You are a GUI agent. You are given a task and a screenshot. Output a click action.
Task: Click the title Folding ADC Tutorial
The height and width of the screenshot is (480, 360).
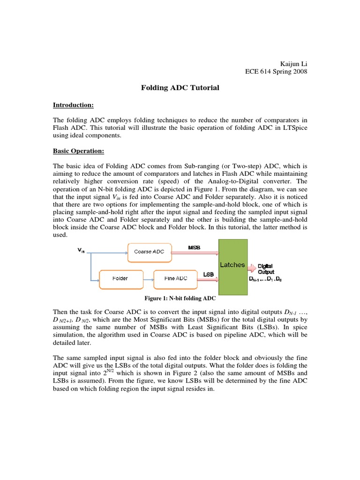click(x=180, y=88)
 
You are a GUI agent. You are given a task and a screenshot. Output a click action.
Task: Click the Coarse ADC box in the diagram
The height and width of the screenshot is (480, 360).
click(x=150, y=252)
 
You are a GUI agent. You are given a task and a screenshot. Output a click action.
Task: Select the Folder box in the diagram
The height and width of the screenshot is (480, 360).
click(x=120, y=278)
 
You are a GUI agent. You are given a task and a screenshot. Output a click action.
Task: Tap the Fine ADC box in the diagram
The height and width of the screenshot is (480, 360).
click(x=176, y=278)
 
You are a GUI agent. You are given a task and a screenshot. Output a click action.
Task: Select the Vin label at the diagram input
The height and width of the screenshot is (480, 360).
click(x=81, y=251)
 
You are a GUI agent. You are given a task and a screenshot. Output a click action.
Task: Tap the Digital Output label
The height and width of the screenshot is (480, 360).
click(x=265, y=269)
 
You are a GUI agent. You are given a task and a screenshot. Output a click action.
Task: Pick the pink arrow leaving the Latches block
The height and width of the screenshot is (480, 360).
click(x=252, y=269)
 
